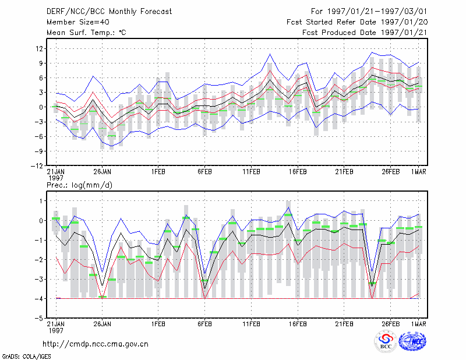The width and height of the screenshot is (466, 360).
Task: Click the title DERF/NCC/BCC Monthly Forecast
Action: tap(109, 12)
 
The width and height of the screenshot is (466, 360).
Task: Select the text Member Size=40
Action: tap(78, 22)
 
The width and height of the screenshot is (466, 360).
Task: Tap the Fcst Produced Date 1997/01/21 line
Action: tap(365, 33)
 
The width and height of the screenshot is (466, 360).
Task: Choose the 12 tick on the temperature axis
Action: tap(39, 48)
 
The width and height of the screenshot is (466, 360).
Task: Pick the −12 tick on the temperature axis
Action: tap(37, 165)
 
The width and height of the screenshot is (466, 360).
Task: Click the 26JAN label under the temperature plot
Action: tap(103, 172)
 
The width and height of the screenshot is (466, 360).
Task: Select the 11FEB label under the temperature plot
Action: tap(252, 172)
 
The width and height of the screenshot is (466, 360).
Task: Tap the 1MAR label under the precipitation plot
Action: tap(418, 324)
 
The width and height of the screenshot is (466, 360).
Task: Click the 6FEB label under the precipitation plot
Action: tap(205, 324)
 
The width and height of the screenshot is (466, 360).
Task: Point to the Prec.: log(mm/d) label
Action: tap(79, 185)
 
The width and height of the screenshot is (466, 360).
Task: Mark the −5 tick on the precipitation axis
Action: tap(40, 318)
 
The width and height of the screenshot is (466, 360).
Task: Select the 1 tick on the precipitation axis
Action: tap(41, 201)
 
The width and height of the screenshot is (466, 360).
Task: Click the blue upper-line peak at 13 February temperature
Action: tap(270, 54)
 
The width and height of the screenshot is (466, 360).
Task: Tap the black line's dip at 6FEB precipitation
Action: tap(204, 289)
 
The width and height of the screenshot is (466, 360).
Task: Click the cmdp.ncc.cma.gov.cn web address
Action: tap(96, 344)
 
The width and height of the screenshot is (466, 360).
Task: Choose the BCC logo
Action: tap(386, 342)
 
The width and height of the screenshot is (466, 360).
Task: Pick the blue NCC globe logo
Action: tap(412, 341)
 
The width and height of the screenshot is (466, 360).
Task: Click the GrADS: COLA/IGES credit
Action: tap(27, 357)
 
